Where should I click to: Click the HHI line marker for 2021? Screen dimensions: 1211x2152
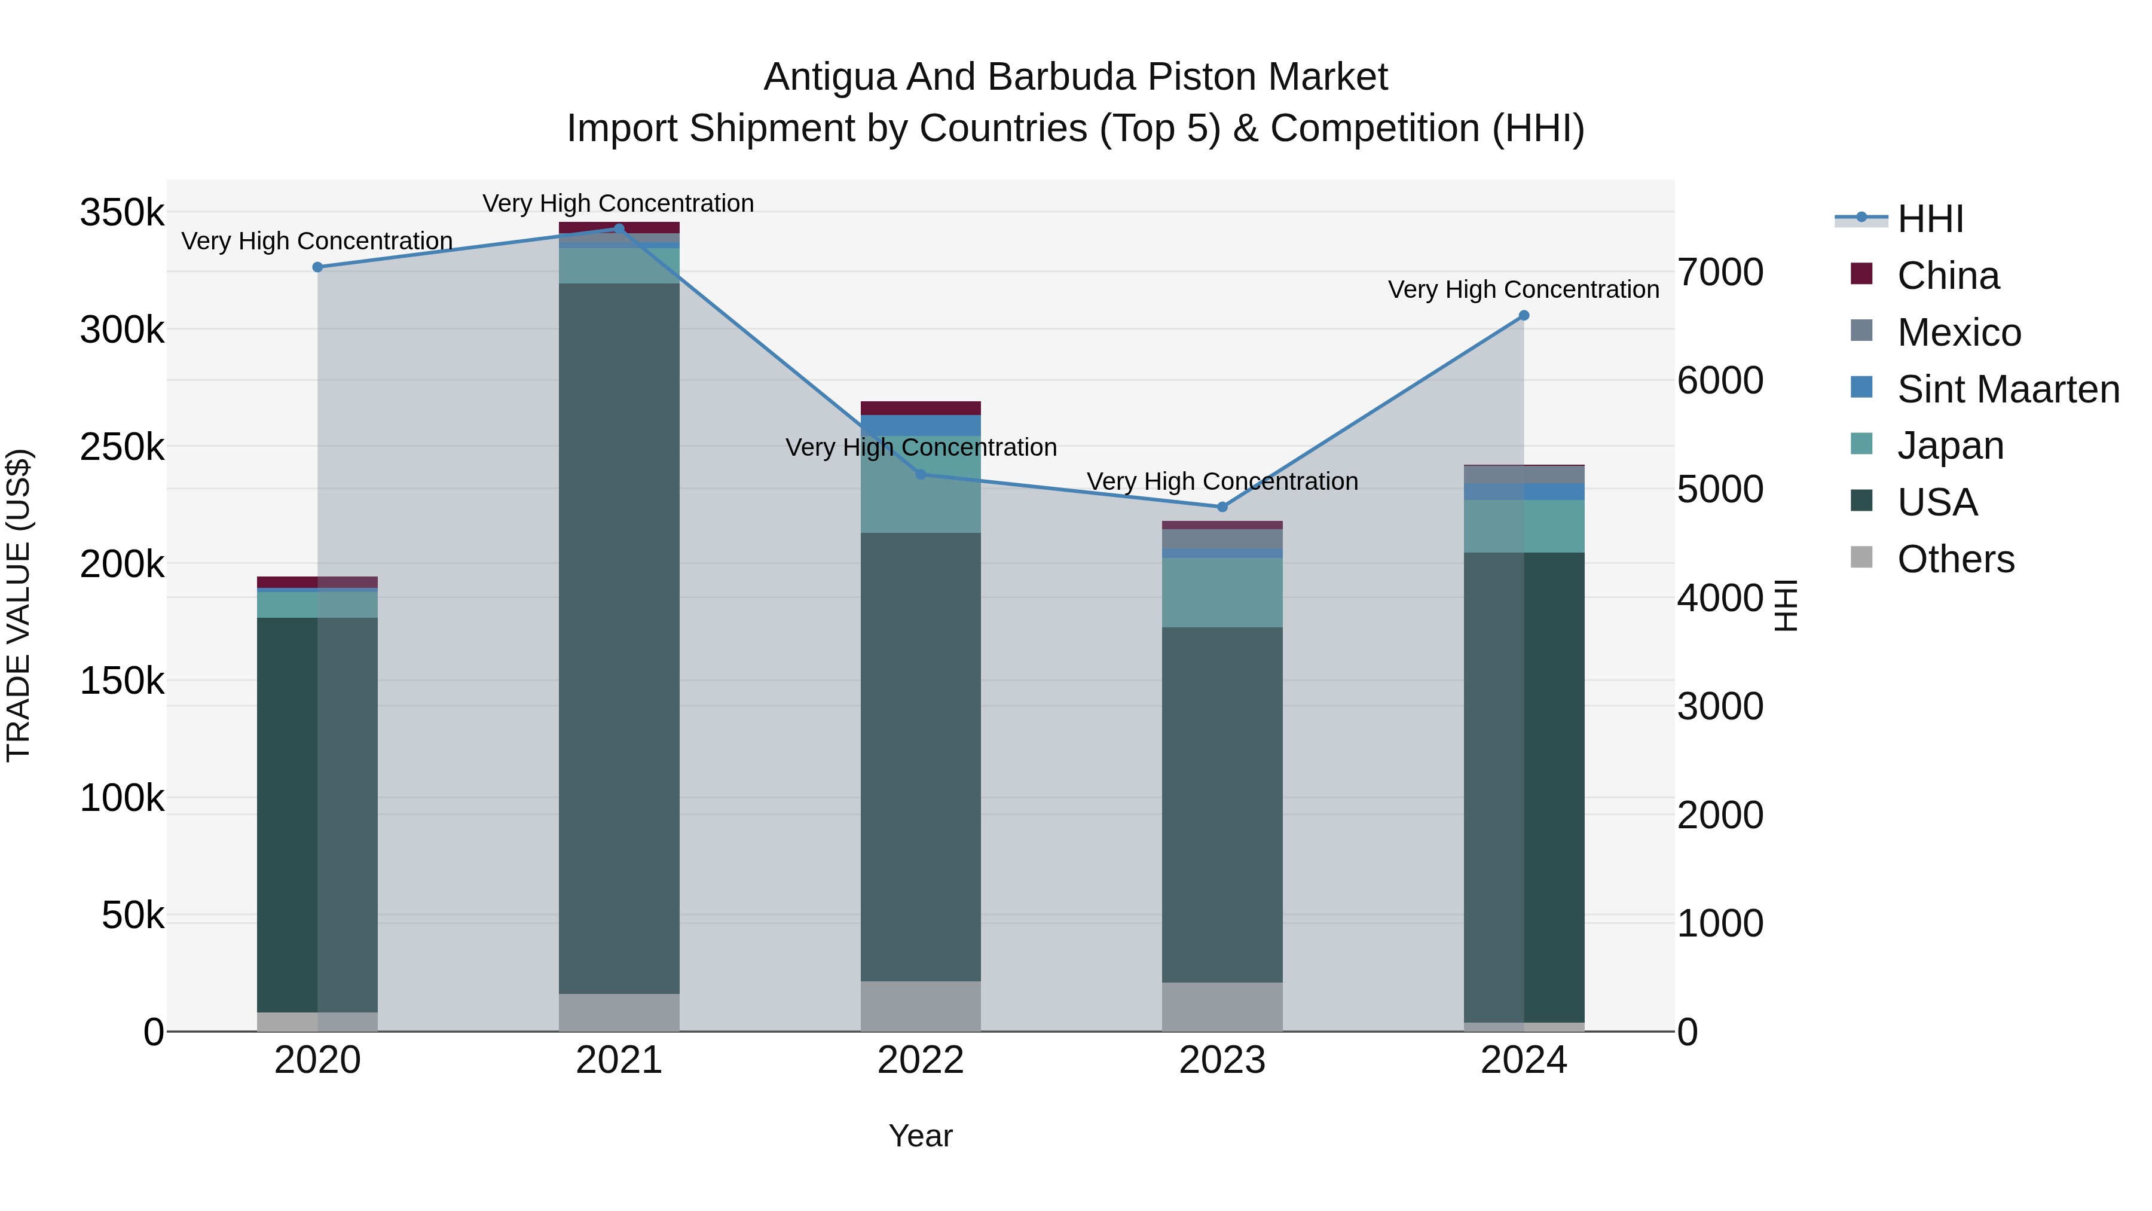coord(619,228)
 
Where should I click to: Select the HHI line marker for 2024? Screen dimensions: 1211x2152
coord(1524,316)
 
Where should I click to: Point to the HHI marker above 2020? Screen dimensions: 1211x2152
coord(317,267)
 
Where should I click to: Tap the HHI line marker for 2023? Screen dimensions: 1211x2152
coord(1222,507)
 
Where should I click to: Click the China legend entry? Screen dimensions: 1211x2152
coord(1948,276)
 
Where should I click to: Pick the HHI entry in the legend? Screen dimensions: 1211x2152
coord(1930,219)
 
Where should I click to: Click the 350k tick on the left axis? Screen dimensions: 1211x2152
coord(122,212)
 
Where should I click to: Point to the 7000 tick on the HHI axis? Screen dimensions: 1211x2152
coord(1720,273)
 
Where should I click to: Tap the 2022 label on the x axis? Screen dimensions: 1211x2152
coord(921,1060)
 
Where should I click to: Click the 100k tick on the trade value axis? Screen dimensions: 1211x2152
coord(122,798)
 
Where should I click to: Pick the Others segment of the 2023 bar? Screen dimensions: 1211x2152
coord(1222,1006)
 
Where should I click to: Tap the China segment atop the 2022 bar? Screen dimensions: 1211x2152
coord(921,408)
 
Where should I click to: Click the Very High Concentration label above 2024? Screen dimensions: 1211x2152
coord(1523,290)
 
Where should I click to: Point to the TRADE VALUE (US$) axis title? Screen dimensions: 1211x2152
coord(19,605)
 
